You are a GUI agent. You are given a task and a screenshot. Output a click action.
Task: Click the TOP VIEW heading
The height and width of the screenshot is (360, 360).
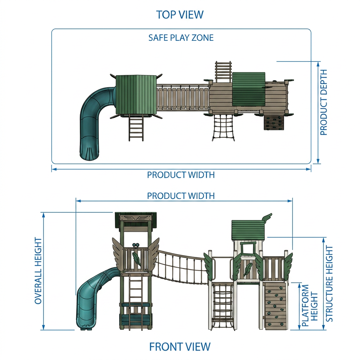point(180,15)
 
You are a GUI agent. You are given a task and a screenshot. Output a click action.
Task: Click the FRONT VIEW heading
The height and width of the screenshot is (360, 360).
point(180,347)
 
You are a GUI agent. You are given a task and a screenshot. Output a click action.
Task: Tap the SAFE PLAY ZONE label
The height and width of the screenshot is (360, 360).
point(181,38)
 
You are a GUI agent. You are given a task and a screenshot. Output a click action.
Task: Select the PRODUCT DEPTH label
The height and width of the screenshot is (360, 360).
point(323,102)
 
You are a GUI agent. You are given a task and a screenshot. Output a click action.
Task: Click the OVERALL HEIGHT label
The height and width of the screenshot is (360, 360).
point(38,271)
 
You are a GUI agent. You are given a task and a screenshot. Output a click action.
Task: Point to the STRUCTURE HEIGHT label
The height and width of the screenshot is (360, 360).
point(329,284)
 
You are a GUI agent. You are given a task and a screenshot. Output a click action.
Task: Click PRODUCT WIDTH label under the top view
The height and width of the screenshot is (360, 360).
point(181,175)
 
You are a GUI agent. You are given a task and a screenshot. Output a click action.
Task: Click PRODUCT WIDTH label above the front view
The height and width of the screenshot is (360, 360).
point(181,196)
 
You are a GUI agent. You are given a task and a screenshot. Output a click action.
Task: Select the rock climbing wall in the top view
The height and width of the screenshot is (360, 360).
point(273,122)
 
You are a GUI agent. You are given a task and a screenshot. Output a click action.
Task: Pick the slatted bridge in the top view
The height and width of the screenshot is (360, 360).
point(183,98)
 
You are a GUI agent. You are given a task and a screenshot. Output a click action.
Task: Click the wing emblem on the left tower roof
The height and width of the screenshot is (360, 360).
point(135,217)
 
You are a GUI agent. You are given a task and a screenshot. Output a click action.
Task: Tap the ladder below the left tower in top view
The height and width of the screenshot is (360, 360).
point(136,128)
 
